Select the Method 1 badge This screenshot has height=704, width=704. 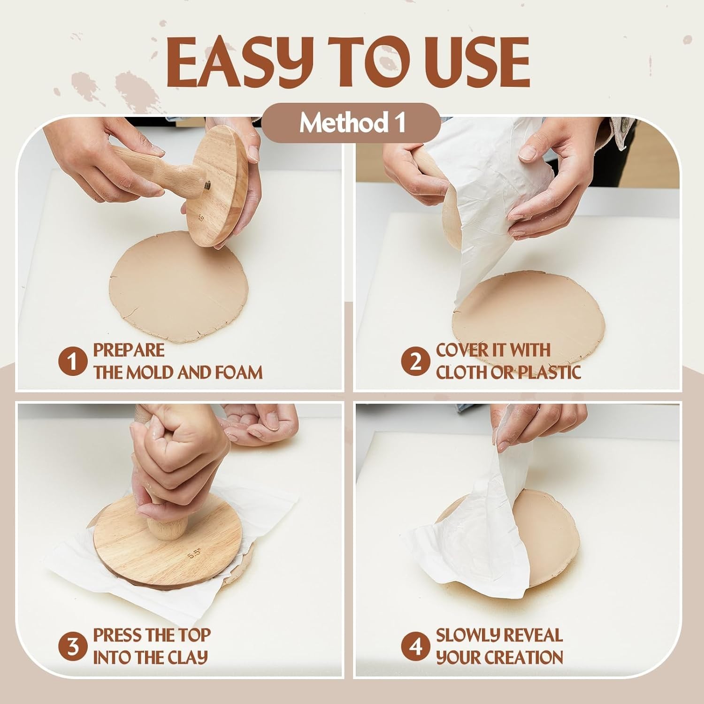[x=351, y=123]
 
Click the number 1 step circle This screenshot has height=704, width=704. [x=73, y=362]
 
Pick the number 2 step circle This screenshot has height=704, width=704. [x=415, y=362]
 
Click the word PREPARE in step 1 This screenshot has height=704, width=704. [x=129, y=350]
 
